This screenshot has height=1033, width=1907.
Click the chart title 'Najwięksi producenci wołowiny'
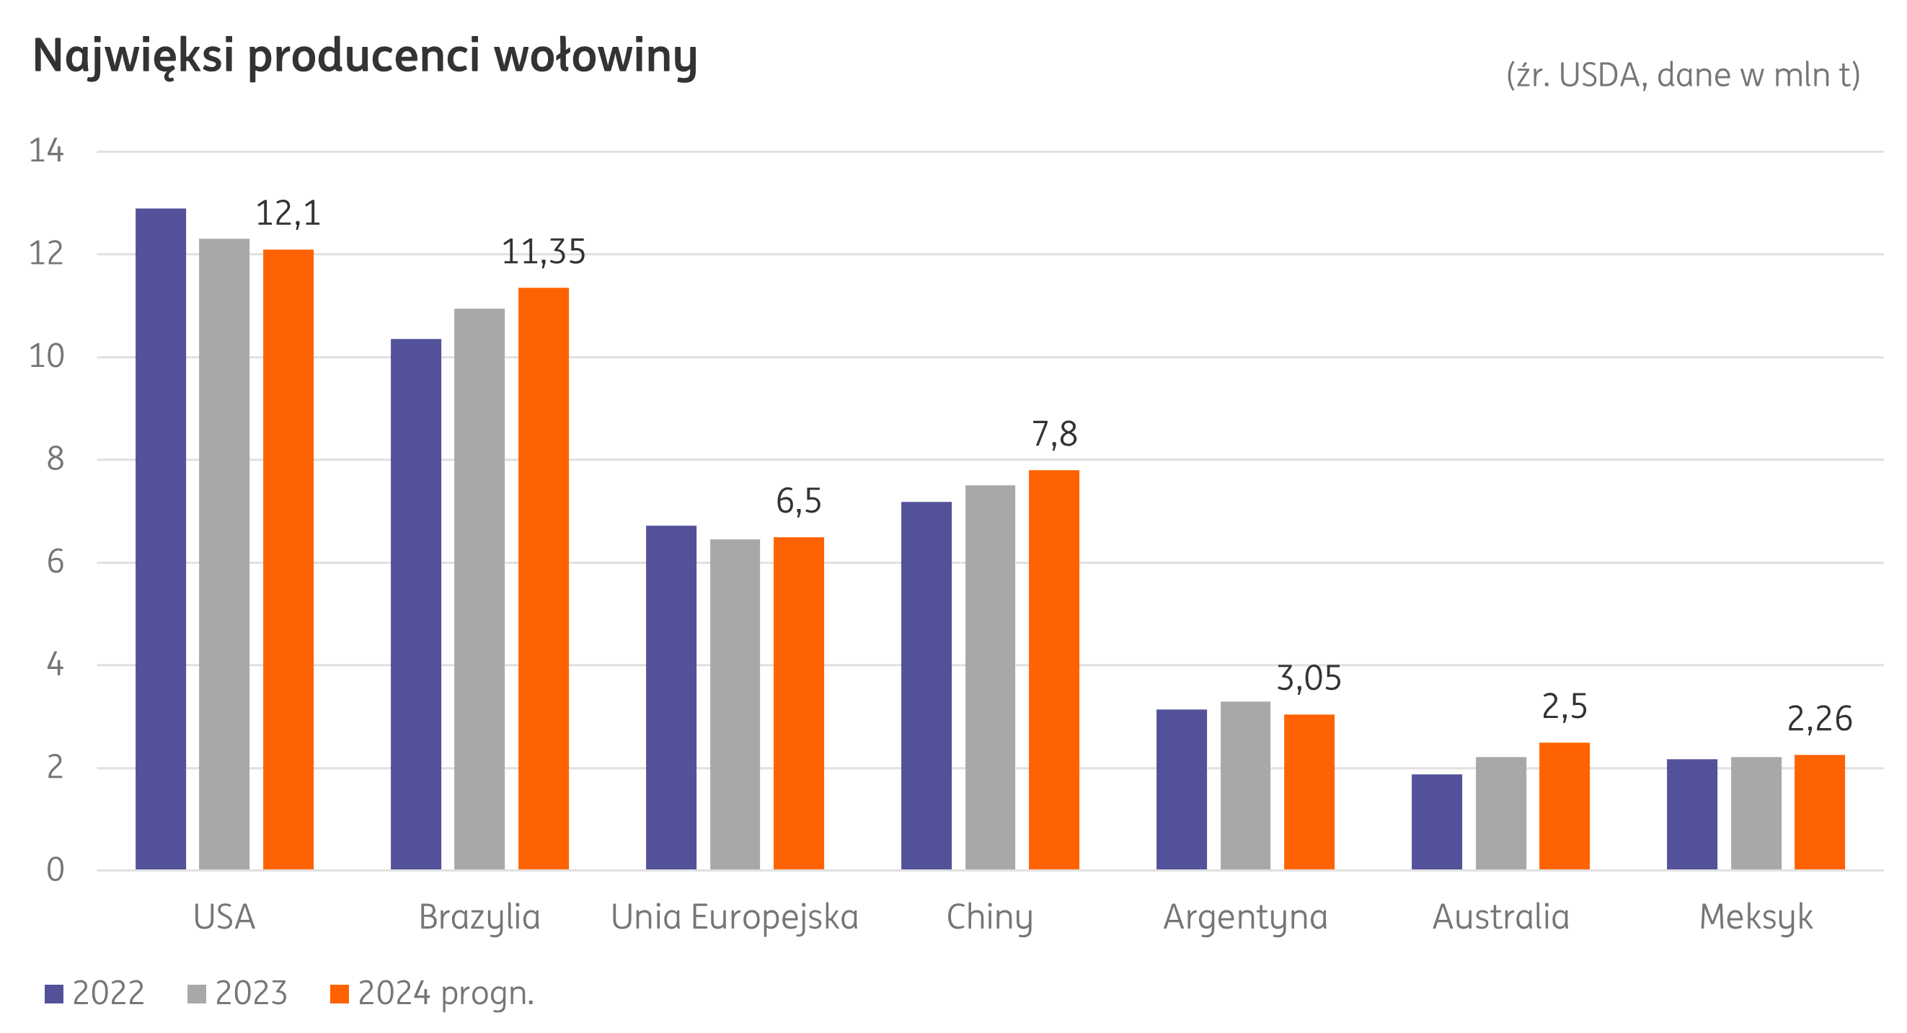coord(365,57)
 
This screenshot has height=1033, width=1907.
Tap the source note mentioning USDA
coord(1683,76)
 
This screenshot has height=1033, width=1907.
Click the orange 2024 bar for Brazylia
coord(544,579)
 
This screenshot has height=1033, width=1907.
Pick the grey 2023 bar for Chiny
coord(991,677)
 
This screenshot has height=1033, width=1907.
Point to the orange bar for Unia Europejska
coord(799,703)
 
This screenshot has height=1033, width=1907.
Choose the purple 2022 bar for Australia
coord(1437,821)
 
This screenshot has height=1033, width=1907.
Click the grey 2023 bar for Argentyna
coord(1246,785)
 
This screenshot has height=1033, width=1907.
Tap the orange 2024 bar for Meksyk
coord(1820,812)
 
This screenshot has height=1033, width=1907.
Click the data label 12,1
coord(288,214)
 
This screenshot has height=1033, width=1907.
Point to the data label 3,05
coord(1309,679)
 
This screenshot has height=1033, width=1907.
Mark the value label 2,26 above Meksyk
coord(1820,719)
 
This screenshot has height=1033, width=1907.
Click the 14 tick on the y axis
coord(47,151)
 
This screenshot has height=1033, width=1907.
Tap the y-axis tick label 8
coord(56,460)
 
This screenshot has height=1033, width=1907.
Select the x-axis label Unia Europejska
coord(735,918)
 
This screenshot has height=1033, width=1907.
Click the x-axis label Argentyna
coord(1245,918)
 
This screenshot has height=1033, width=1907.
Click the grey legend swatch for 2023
coord(197,994)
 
